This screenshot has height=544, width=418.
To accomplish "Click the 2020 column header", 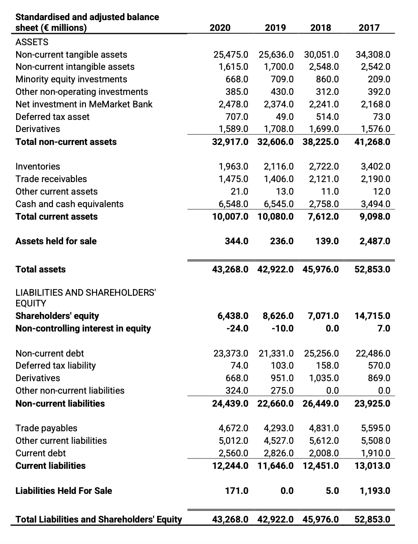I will pos(220,28).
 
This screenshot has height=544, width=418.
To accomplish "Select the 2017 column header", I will pos(369,28).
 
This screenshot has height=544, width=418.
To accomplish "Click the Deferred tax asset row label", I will pos(52,117).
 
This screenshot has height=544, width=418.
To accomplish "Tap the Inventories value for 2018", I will pos(324,166).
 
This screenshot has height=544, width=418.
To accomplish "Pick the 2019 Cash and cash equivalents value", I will pos(276,204).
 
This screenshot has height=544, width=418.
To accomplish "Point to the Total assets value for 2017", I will pos(372,269).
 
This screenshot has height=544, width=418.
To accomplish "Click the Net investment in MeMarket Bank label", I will pos(84,104).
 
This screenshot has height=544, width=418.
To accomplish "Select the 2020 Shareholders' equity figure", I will pos(233,316).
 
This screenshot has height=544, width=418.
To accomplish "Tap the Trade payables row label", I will pos(46,428).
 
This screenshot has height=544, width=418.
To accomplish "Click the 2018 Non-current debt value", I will pos(321,353).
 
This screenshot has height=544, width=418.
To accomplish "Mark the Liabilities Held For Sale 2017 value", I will pos(375,491).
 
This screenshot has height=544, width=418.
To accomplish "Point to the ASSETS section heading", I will pos(32,42).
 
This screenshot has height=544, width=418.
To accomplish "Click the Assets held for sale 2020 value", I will pos(237,241).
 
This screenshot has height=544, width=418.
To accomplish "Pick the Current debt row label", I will pos(41,453).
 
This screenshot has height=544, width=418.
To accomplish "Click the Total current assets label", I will pos(56,217).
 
